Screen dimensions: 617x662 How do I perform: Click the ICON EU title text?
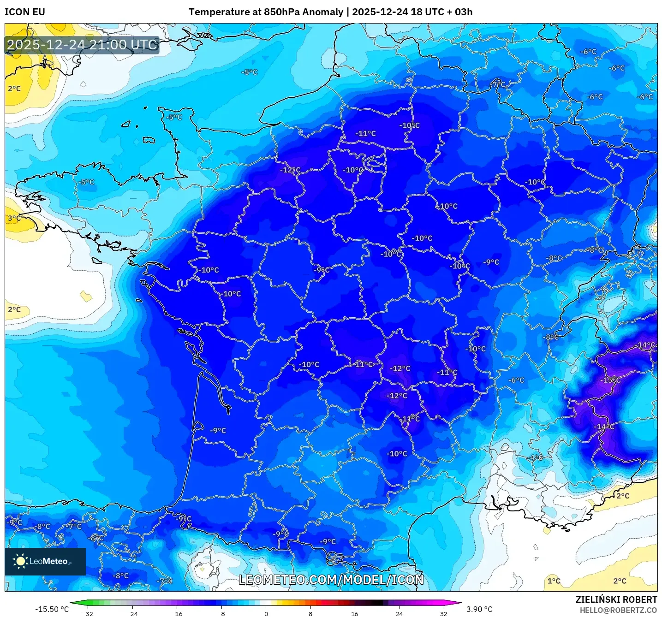[25, 12]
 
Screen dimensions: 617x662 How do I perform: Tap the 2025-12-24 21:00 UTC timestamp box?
[82, 45]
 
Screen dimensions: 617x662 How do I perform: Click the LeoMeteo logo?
[45, 561]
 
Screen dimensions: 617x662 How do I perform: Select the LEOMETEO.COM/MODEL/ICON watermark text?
[331, 580]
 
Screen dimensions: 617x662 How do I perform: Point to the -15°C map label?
[610, 380]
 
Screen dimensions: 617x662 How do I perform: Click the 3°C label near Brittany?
[14, 218]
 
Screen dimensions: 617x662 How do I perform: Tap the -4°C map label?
[536, 457]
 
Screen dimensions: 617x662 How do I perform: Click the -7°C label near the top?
[498, 84]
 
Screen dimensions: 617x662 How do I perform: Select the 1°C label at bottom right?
[554, 581]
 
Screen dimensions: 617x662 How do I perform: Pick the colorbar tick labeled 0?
[266, 613]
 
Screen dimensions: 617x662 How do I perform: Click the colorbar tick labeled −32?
[88, 613]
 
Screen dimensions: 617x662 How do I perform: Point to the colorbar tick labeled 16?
[354, 613]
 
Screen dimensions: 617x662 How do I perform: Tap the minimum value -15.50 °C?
[52, 609]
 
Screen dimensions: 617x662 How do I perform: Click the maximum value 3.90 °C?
[479, 609]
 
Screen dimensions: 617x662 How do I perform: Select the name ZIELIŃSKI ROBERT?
[616, 599]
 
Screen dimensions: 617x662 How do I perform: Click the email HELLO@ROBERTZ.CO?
[618, 610]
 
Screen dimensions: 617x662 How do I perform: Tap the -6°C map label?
[516, 380]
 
